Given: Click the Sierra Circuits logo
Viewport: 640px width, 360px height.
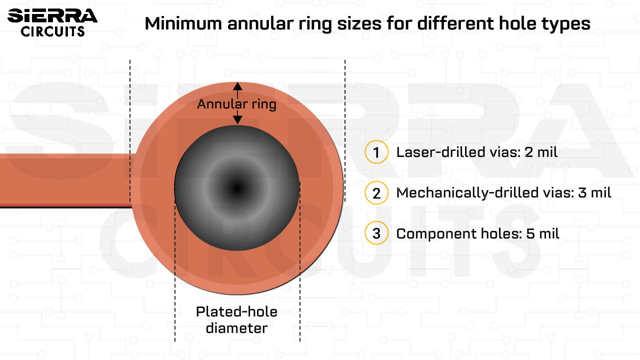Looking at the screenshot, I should (52, 22).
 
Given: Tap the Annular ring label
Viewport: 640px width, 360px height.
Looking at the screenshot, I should (236, 104).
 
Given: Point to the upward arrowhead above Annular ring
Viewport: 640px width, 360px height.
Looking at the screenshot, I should (237, 86).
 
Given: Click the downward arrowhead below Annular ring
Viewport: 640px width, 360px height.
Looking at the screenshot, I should (237, 120).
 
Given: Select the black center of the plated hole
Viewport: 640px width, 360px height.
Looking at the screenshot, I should (236, 188).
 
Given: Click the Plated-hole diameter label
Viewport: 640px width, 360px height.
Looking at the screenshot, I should (236, 320).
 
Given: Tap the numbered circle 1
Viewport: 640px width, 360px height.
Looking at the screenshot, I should (376, 152).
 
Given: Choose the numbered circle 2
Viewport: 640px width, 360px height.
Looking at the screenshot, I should (376, 193).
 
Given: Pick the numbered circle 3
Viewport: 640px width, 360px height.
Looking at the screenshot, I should (376, 233).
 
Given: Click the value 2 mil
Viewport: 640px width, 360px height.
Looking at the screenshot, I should (541, 152).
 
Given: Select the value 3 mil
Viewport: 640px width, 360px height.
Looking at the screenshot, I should (594, 192).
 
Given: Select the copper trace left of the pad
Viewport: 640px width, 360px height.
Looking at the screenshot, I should (65, 180).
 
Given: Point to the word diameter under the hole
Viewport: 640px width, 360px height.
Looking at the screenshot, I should (236, 328).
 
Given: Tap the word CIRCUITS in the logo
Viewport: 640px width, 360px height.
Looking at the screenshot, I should (52, 31).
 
